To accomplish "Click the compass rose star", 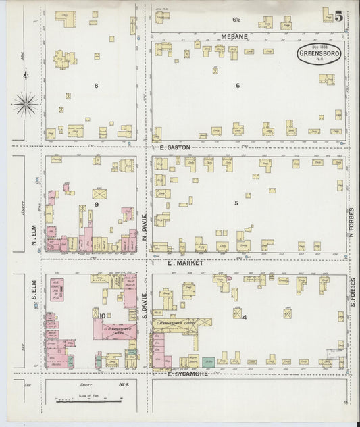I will [x=25, y=103].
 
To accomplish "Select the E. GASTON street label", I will [x=175, y=147].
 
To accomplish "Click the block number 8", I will [x=97, y=86].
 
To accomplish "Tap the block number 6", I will [x=238, y=86].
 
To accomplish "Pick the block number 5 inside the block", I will [x=236, y=203].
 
